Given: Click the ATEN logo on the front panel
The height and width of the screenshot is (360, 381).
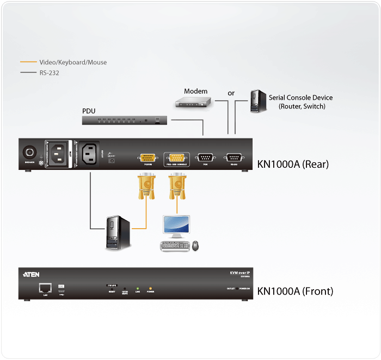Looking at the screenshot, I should click(x=32, y=274).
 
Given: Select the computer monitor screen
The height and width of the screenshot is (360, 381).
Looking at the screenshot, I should click(x=177, y=226).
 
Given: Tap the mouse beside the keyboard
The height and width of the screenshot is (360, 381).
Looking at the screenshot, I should click(x=195, y=246).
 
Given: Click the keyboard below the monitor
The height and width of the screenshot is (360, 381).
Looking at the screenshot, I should click(x=174, y=246).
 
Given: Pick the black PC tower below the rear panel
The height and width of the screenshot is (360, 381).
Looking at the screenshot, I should click(x=118, y=233).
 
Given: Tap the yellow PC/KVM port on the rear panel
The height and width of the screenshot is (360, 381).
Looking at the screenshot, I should click(x=148, y=157).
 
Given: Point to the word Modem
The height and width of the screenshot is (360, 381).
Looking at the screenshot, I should click(x=195, y=91).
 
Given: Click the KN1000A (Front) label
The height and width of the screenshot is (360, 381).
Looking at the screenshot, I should click(x=295, y=291).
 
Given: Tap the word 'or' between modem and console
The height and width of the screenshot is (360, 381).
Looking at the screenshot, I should click(x=231, y=93).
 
